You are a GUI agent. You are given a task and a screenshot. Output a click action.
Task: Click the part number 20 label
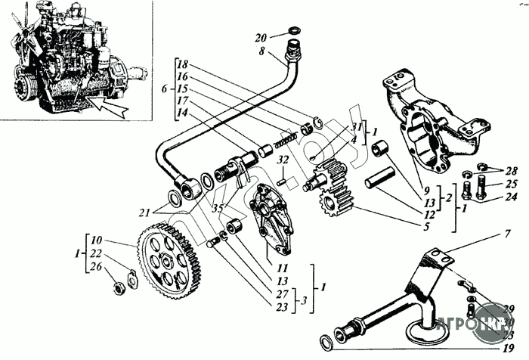coord(261,38)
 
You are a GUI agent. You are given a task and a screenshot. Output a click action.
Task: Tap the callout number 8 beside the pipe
coord(261,51)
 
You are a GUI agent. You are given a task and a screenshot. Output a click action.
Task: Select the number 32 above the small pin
coord(283,161)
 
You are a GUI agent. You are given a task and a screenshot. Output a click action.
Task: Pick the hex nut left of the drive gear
coord(119,288)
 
